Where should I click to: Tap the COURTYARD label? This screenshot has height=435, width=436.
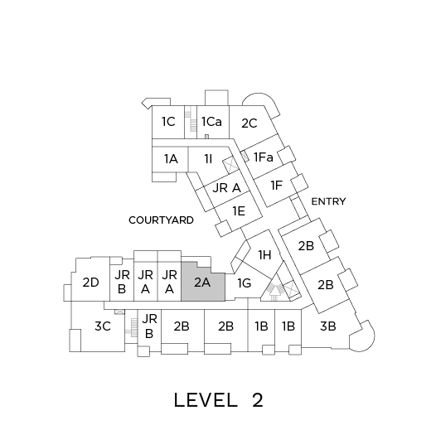(x=161, y=220)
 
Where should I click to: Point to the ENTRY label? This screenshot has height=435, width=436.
(x=328, y=201)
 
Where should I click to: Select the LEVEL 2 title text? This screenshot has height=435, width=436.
(x=218, y=400)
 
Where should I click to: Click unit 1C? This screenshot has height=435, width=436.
(x=168, y=122)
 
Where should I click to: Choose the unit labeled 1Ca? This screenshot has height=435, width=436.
(x=213, y=122)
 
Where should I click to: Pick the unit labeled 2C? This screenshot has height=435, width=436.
(x=250, y=123)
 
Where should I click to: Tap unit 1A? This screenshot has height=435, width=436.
(x=170, y=159)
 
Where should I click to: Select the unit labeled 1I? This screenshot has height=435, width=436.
(x=209, y=159)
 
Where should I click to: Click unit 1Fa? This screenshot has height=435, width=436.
(x=263, y=157)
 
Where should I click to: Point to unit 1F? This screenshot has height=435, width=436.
(x=276, y=186)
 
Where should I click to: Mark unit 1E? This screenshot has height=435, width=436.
(x=239, y=211)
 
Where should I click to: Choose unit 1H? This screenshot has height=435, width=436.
(x=264, y=254)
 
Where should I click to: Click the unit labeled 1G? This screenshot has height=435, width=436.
(x=245, y=283)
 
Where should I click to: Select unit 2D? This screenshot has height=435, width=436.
(x=90, y=283)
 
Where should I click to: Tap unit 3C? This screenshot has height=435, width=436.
(x=103, y=326)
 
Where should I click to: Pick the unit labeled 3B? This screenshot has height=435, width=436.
(x=328, y=326)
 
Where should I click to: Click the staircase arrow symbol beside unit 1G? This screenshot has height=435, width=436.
(x=274, y=292)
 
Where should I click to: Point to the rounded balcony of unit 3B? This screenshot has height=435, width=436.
(x=362, y=337)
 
